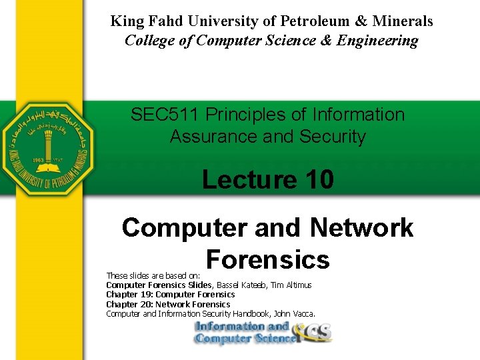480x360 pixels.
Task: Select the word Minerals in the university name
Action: [403, 21]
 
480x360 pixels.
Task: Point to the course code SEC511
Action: [165, 115]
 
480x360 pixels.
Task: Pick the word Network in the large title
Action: [361, 228]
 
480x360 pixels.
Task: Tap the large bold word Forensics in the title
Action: [268, 259]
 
